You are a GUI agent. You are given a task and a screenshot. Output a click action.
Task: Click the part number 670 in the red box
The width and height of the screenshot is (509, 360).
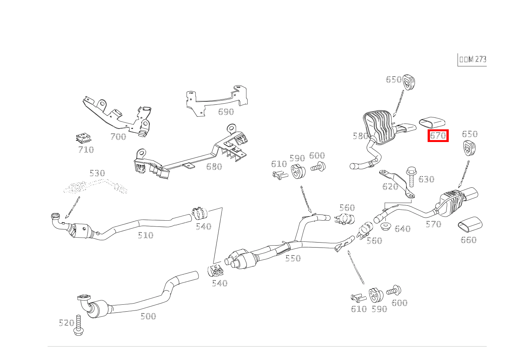pyautogui.click(x=438, y=135)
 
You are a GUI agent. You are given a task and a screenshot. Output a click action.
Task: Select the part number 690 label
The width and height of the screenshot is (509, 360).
pyautogui.click(x=226, y=112)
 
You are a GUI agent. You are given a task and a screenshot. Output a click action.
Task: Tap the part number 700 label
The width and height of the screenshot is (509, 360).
pyautogui.click(x=118, y=137)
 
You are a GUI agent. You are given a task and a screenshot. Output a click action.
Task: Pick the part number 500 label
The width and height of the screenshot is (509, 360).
pyautogui.click(x=148, y=316)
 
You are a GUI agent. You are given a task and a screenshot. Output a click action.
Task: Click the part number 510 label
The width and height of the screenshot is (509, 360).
pyautogui.click(x=145, y=235)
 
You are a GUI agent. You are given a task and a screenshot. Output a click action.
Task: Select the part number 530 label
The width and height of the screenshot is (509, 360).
pyautogui.click(x=97, y=173)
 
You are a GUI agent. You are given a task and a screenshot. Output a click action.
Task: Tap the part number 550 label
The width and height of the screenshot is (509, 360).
pyautogui.click(x=293, y=258)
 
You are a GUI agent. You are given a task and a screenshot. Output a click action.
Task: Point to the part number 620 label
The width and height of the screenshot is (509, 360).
pyautogui.click(x=390, y=187)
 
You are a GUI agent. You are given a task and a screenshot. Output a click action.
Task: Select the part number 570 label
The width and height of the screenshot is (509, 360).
pyautogui.click(x=433, y=224)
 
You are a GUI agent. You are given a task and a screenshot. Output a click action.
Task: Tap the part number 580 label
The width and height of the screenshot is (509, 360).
pyautogui.click(x=360, y=136)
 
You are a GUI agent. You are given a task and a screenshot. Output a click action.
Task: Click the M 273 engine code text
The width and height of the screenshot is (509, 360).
pyautogui.click(x=473, y=59)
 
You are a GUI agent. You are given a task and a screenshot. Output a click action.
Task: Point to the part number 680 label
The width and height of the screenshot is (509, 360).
pyautogui.click(x=214, y=167)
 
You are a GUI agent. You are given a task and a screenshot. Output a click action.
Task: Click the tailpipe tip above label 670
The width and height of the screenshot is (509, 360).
pyautogui.click(x=431, y=122)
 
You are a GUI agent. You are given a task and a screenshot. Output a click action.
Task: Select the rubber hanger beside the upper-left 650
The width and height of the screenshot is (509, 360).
pyautogui.click(x=409, y=83)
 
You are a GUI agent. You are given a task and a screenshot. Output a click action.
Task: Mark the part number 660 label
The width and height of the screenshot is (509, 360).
pyautogui.click(x=468, y=240)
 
